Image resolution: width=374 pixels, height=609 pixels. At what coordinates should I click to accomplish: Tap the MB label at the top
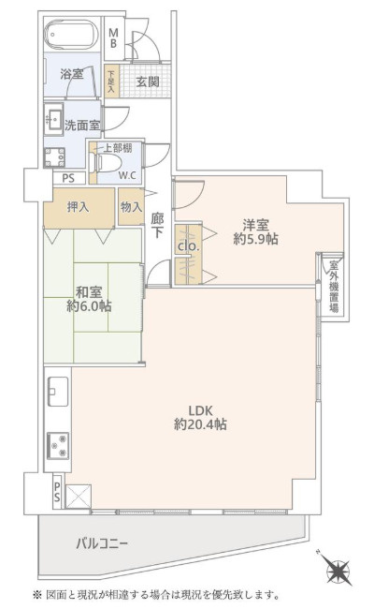[113, 38]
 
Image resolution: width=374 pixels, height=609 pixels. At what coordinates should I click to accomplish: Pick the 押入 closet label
[79, 207]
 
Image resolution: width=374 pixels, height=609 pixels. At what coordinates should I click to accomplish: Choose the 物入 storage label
[131, 207]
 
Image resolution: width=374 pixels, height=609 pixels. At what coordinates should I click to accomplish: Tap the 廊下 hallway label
[157, 224]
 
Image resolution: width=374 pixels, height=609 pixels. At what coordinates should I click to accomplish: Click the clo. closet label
[186, 245]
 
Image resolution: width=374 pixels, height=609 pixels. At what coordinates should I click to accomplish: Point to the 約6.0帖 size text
[89, 306]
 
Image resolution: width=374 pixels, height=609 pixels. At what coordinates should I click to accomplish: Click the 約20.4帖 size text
[200, 424]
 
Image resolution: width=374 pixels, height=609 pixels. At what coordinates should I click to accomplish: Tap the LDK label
[200, 408]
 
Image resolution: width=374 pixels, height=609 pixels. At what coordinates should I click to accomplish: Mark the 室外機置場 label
[332, 290]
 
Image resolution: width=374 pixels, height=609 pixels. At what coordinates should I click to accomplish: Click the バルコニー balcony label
[102, 544]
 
